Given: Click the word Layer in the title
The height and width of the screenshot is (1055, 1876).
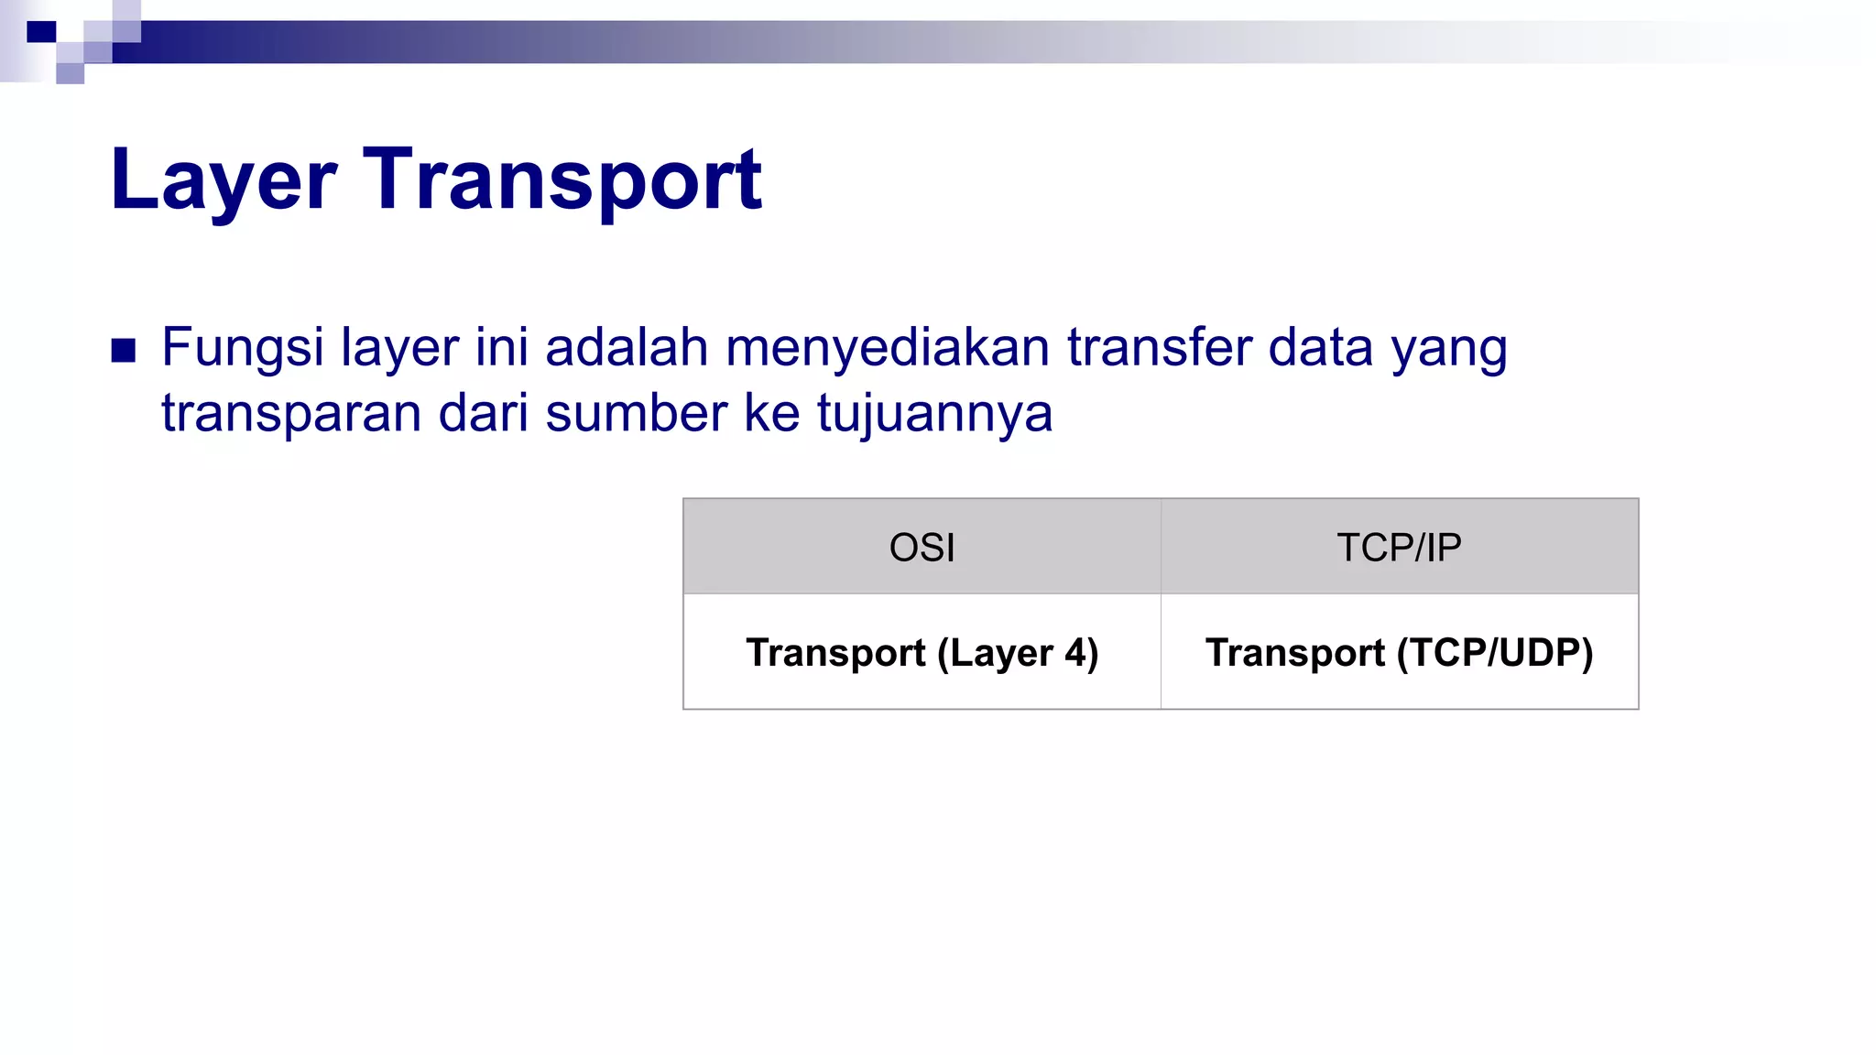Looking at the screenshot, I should click(224, 180).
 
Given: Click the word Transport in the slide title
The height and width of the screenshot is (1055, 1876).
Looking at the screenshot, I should click(562, 180).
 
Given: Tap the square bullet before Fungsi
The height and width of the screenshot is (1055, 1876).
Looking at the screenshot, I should click(124, 351).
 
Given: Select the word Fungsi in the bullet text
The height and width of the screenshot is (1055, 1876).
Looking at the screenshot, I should click(243, 349).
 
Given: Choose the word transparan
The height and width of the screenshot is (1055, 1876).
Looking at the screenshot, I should click(291, 414).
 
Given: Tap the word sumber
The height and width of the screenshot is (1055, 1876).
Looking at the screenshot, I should click(636, 414).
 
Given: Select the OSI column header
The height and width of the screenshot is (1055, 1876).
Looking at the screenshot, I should click(922, 548).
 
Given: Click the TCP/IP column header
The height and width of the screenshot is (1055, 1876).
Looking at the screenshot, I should click(1399, 548).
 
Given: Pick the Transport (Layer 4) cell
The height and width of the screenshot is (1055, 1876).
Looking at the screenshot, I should click(922, 653).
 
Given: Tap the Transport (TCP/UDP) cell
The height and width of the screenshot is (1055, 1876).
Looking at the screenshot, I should click(1399, 653).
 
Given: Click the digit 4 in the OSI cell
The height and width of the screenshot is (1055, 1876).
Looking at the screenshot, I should click(1074, 653).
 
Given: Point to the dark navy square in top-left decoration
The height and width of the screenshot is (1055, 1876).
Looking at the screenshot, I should click(41, 32).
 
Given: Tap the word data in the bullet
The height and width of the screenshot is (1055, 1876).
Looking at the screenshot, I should click(1320, 349).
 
